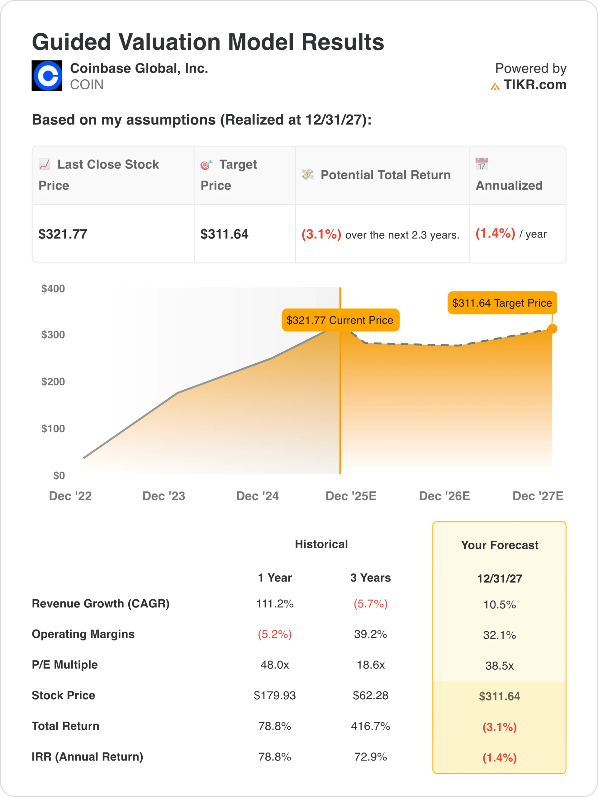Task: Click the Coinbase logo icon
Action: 47,76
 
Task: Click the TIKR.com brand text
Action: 534,85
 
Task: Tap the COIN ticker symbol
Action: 87,85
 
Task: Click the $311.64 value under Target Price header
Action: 224,234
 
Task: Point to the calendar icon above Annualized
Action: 481,164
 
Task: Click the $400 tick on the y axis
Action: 53,289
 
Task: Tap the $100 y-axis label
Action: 53,428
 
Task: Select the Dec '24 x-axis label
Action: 257,496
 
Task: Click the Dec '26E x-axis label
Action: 444,496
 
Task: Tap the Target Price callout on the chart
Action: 502,303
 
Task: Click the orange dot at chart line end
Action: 552,328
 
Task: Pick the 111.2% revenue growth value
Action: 275,604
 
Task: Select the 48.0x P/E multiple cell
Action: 275,665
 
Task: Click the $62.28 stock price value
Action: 371,696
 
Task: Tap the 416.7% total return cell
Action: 371,726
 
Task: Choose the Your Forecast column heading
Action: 500,545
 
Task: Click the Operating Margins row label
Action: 83,634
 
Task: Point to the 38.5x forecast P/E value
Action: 500,666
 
